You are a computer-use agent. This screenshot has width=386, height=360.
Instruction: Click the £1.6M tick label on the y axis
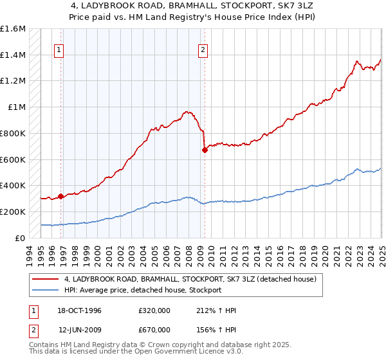tap(14, 29)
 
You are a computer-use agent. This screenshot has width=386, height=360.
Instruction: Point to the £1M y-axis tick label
tap(17, 107)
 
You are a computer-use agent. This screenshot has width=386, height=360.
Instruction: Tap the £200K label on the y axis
tap(14, 212)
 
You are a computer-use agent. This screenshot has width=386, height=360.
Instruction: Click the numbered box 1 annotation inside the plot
tap(59, 50)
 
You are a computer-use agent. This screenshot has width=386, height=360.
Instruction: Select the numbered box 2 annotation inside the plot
tap(203, 50)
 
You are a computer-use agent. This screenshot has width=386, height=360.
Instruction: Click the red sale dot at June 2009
tap(205, 150)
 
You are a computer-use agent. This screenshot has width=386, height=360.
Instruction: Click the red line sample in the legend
tap(46, 280)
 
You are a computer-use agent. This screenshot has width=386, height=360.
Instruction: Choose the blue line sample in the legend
tap(46, 290)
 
